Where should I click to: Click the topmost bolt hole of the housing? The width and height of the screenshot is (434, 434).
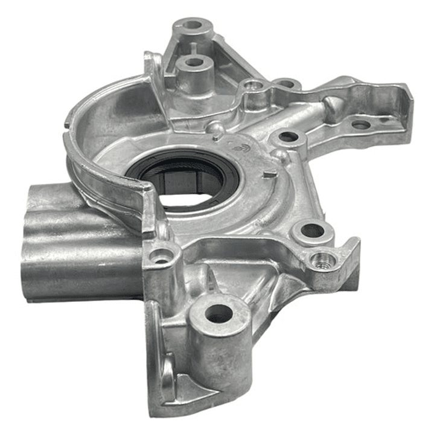pyautogui.click(x=193, y=25)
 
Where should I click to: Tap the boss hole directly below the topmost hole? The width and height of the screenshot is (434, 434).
pyautogui.click(x=193, y=62)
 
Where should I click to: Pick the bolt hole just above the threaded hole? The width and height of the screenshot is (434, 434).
pyautogui.click(x=313, y=230)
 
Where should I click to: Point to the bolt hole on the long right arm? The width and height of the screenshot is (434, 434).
pyautogui.click(x=360, y=125)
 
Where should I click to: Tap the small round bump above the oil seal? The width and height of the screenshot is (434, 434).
pyautogui.click(x=214, y=129)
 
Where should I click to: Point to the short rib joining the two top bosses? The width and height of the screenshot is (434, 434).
pyautogui.click(x=193, y=45)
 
